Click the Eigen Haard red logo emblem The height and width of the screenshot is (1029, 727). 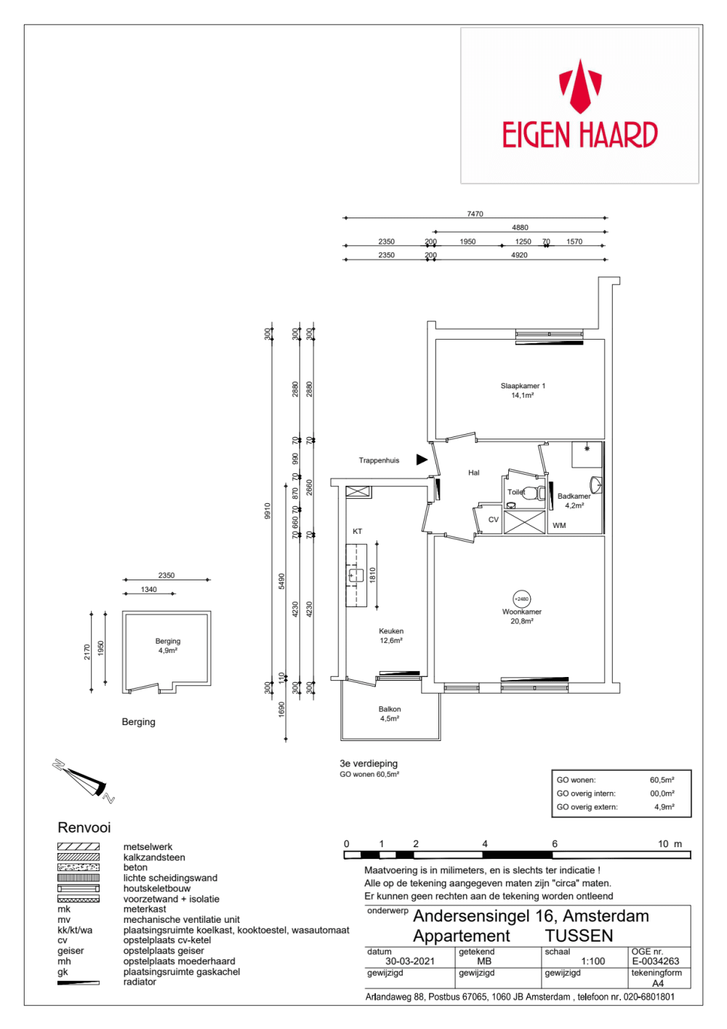click(580, 86)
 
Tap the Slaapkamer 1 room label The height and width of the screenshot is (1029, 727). click(523, 391)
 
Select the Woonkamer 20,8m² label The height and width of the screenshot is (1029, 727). click(522, 616)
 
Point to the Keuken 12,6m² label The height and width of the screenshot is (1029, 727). click(391, 636)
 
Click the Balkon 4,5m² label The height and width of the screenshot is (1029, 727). click(390, 713)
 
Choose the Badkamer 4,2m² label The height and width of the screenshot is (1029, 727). click(574, 501)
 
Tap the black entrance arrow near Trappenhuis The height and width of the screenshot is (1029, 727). click(422, 460)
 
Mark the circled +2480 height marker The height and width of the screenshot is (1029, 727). click(522, 598)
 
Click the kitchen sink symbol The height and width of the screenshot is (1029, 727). click(356, 576)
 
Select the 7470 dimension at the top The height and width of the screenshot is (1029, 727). click(475, 214)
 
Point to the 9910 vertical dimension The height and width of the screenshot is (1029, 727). click(268, 511)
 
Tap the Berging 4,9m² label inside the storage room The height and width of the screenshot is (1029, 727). click(168, 646)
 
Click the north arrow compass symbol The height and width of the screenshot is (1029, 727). click(84, 780)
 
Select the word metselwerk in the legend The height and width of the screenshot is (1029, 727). click(148, 846)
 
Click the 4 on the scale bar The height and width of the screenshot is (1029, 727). click(484, 844)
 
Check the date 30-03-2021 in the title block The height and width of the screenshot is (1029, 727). click(409, 961)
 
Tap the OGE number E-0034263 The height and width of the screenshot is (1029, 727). click(655, 961)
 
